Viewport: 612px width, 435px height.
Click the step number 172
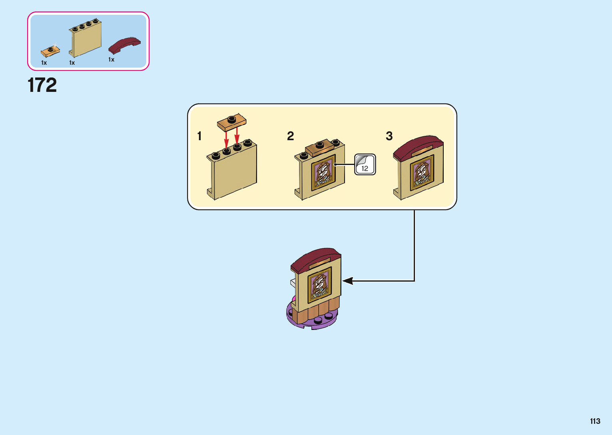tap(42, 85)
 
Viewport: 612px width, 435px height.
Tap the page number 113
tap(595, 421)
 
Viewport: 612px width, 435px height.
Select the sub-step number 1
tap(199, 136)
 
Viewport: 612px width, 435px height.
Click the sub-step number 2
tap(291, 136)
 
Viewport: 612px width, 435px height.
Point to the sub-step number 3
tap(389, 136)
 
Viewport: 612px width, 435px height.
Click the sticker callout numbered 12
tap(365, 165)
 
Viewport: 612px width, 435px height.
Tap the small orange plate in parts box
tap(50, 51)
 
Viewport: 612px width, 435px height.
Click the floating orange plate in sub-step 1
tap(231, 122)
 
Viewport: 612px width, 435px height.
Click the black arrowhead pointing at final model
tap(347, 281)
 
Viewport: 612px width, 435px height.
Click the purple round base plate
tap(312, 322)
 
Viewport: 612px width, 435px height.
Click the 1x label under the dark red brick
tap(112, 60)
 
